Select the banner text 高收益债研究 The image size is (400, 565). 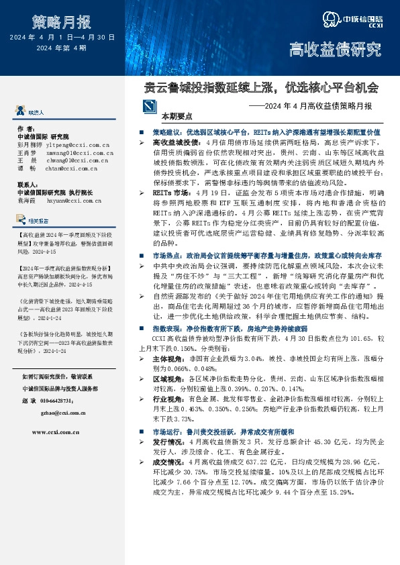(334, 49)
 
